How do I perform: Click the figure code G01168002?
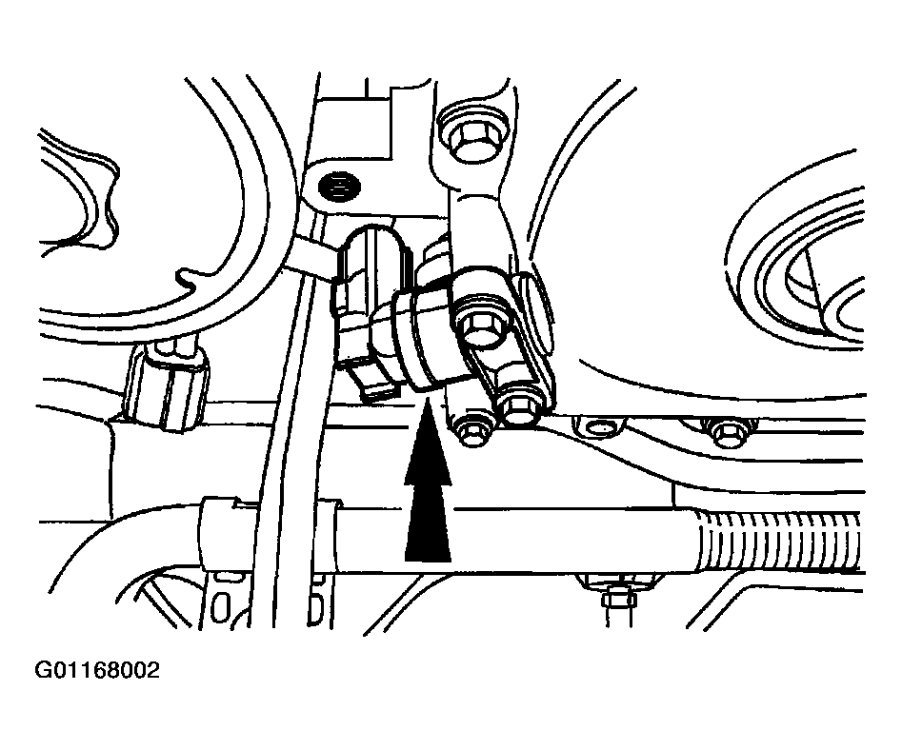(x=97, y=670)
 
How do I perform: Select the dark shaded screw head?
(x=339, y=187)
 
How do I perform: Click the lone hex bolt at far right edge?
(x=727, y=431)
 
